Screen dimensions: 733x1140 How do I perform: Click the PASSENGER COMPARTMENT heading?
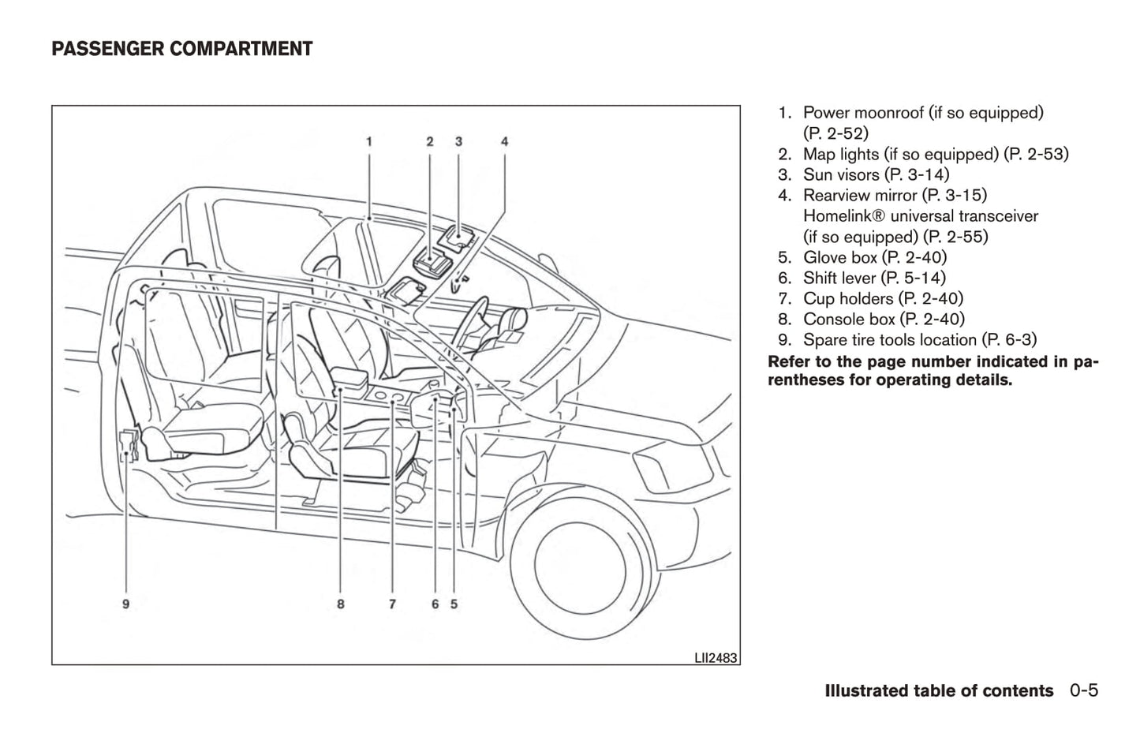tap(181, 50)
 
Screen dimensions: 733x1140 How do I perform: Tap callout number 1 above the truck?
tap(368, 142)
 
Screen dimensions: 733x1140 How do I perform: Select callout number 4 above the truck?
tap(504, 142)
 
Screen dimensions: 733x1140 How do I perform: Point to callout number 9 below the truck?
tap(125, 604)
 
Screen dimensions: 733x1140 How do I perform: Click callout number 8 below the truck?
tap(340, 604)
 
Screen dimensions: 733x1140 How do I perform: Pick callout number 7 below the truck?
tap(392, 604)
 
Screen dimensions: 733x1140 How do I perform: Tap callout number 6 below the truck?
tap(435, 604)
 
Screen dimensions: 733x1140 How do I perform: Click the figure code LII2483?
tap(716, 657)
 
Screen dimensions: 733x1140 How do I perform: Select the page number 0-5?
tap(1084, 691)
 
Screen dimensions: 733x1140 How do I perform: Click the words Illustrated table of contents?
tap(938, 691)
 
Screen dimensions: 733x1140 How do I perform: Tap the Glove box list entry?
tap(874, 257)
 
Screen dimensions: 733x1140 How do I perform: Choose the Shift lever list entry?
tap(873, 278)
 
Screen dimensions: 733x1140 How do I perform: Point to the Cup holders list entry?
tap(883, 298)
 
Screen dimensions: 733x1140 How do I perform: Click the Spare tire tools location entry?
tap(919, 339)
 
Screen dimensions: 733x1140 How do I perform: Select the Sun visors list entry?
tap(876, 174)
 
